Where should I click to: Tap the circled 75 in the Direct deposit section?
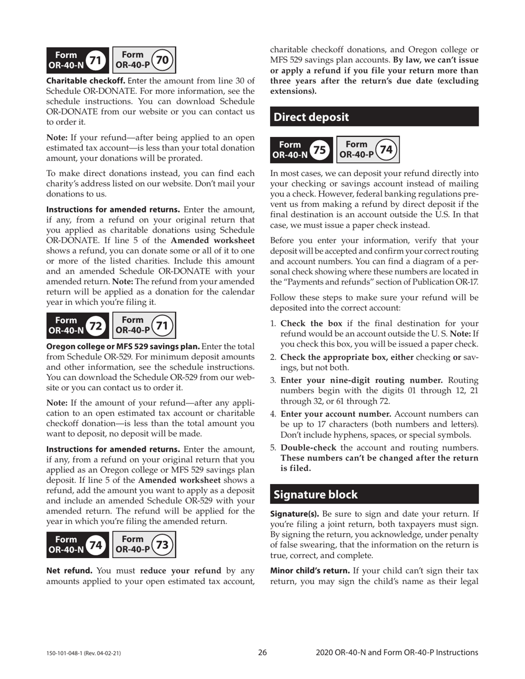[x=319, y=150]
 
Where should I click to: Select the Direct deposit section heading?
[x=311, y=117]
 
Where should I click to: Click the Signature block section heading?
[x=316, y=494]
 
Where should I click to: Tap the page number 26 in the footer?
[x=262, y=653]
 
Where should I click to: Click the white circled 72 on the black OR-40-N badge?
[x=96, y=326]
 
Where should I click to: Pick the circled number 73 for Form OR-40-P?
[x=162, y=545]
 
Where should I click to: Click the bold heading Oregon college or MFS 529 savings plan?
[x=123, y=346]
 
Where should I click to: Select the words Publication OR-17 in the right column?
[x=445, y=282]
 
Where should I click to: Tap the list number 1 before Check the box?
[x=273, y=323]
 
